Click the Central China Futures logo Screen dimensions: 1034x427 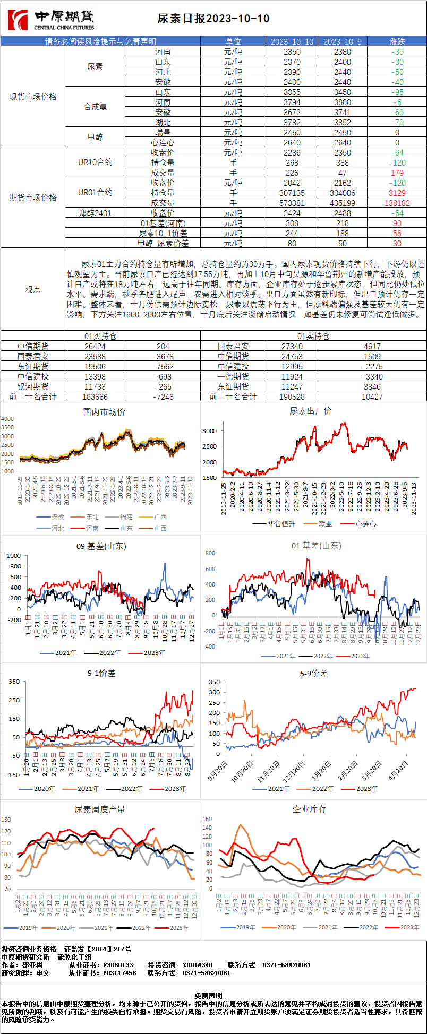tap(51, 20)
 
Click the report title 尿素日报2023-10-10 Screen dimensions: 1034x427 tap(213, 19)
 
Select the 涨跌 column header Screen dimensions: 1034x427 tap(397, 41)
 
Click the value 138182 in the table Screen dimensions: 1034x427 tap(397, 203)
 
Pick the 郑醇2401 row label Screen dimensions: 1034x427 tap(95, 213)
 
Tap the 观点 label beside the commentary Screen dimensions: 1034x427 tap(33, 289)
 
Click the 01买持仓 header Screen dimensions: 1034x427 tap(100, 336)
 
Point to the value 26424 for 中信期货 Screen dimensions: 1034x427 tap(95, 346)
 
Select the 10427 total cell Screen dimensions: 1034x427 tap(372, 397)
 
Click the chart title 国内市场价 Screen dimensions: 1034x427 tap(104, 412)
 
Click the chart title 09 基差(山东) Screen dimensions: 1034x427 tap(101, 546)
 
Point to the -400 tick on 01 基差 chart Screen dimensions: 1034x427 tap(210, 647)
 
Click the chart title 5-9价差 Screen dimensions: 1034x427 tap(313, 674)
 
